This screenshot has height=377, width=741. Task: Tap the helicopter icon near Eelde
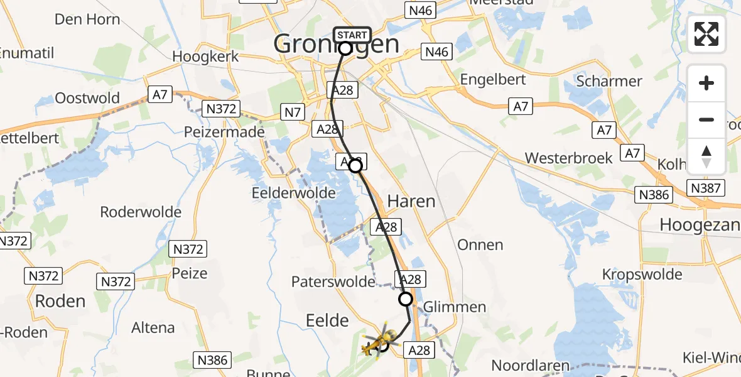pos(377,342)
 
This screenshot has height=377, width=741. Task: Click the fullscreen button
pos(706,34)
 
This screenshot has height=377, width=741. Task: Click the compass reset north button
pos(706,156)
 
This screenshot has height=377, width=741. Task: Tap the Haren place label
pos(411,202)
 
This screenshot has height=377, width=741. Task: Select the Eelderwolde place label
pos(293,193)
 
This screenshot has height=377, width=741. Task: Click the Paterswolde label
pos(333,281)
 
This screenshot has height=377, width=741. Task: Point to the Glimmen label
pos(455,307)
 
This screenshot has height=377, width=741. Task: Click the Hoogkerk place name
pos(205,56)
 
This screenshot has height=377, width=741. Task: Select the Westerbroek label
pos(568,158)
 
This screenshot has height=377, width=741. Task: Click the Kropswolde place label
pos(642,275)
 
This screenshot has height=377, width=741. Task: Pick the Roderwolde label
pos(141,212)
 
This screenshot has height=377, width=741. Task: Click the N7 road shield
pos(293,112)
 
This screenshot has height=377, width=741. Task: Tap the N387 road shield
pos(706,187)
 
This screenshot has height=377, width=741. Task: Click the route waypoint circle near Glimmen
pos(406,299)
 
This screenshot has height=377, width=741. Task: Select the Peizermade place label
pos(223,133)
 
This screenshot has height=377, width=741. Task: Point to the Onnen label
pos(480,245)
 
